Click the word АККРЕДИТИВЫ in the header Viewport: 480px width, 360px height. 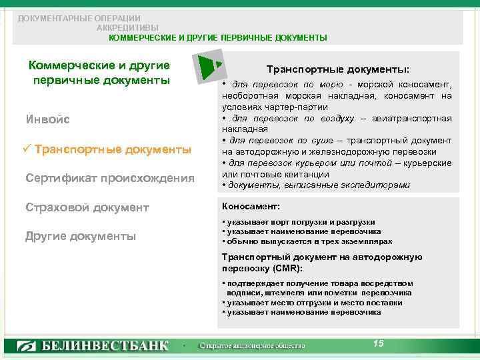point(127,28)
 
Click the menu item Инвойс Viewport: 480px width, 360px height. point(47,120)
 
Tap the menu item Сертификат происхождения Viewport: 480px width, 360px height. point(110,178)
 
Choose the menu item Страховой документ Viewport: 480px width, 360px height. point(87,207)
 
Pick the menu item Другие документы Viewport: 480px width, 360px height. point(81,236)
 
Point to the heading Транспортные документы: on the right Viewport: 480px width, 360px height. point(338,69)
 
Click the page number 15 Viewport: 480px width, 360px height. point(379,343)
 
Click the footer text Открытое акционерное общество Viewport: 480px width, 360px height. point(252,346)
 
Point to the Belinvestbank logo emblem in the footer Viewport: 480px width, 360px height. point(26,346)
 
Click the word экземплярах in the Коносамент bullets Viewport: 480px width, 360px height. point(367,241)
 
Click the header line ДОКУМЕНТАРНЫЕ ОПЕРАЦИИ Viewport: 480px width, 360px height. point(79,18)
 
